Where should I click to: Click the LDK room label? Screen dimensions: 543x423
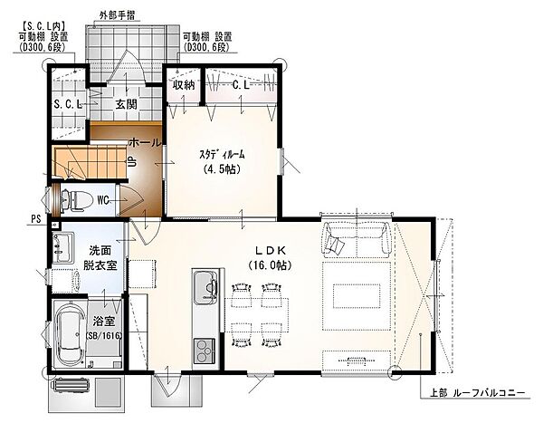tap(270, 250)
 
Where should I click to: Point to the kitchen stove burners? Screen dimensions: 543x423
tap(205, 351)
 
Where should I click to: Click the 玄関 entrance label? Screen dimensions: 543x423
tap(126, 103)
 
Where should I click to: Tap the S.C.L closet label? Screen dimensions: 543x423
tap(68, 104)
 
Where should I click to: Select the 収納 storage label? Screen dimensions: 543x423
tap(184, 85)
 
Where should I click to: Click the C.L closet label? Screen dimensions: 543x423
tap(241, 85)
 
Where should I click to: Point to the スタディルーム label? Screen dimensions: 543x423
tap(222, 154)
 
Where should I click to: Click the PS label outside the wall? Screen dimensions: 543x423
tap(36, 219)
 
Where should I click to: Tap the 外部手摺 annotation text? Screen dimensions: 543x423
tap(117, 15)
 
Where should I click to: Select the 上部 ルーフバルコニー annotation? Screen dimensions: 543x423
tap(477, 393)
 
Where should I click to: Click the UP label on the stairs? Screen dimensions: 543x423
tap(132, 162)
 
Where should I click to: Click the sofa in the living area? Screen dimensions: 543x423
tap(357, 239)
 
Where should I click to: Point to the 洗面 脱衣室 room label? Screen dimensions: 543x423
tap(100, 258)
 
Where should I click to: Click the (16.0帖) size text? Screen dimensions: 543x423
tap(270, 265)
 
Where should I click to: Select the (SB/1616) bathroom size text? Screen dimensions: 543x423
tap(104, 335)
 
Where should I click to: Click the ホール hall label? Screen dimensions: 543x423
tap(145, 142)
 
